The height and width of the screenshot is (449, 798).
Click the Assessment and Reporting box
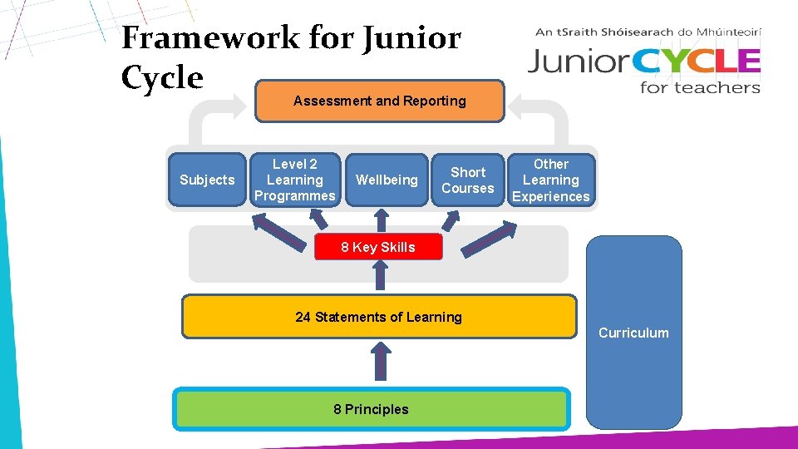(x=379, y=101)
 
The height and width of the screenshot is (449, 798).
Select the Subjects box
(x=207, y=180)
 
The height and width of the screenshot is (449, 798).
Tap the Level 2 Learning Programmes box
(x=295, y=180)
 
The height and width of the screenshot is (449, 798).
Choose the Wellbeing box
(x=387, y=180)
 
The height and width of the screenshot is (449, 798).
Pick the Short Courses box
(x=467, y=180)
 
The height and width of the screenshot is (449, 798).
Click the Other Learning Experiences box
(x=551, y=180)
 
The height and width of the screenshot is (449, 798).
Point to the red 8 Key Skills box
(x=378, y=247)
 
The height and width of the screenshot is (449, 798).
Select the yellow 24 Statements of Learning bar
(x=378, y=317)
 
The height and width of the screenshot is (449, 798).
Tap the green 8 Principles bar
(x=371, y=409)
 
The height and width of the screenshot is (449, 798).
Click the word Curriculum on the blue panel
(x=633, y=333)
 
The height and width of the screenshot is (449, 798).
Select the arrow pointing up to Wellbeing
(x=382, y=220)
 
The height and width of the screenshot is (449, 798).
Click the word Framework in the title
(x=209, y=37)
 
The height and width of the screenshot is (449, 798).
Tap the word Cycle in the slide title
(x=162, y=77)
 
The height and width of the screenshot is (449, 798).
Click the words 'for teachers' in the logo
(x=700, y=86)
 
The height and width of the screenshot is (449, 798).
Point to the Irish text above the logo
(x=648, y=32)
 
